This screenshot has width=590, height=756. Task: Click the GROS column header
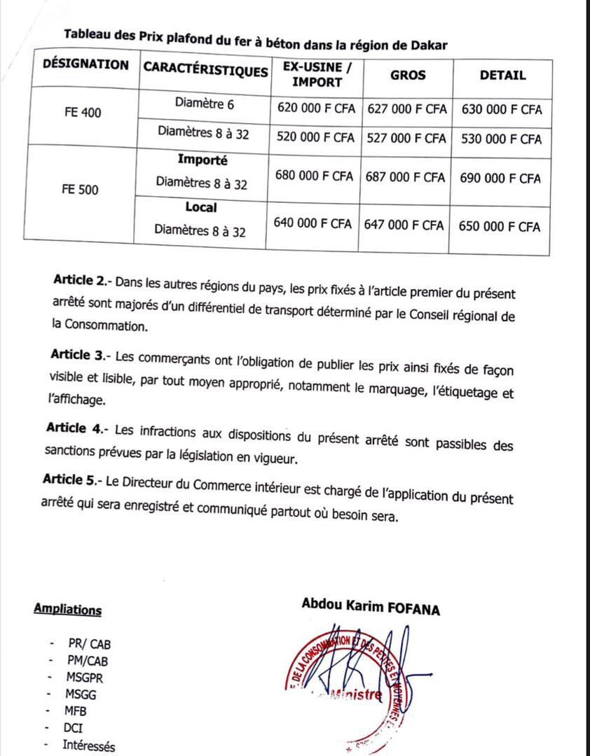click(408, 74)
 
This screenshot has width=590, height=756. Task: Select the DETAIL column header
click(502, 75)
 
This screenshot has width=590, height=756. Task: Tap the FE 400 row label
click(81, 112)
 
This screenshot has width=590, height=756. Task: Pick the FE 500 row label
click(79, 190)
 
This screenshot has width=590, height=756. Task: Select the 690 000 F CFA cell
click(500, 178)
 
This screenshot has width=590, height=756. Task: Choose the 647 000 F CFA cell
click(404, 225)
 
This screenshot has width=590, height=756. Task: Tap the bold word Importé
click(203, 160)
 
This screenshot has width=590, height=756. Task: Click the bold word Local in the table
click(201, 207)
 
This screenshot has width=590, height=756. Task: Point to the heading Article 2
click(81, 281)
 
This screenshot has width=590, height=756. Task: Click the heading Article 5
click(71, 479)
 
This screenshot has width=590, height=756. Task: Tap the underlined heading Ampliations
click(67, 609)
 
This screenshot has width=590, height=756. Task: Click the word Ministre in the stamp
click(358, 696)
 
